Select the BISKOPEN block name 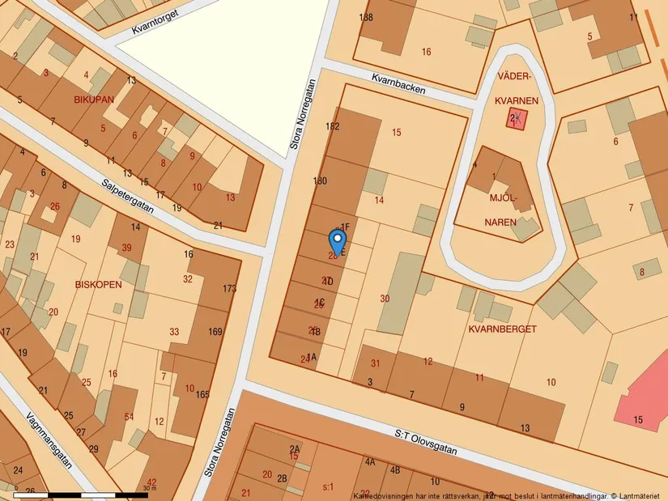(98, 285)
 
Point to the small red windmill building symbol (517, 120)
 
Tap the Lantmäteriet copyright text (636, 495)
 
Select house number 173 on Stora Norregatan (229, 289)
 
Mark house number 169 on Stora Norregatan (215, 332)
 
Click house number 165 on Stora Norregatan (202, 394)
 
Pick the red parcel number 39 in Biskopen (126, 248)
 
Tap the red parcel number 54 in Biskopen (129, 416)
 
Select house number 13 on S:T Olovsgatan (525, 428)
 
